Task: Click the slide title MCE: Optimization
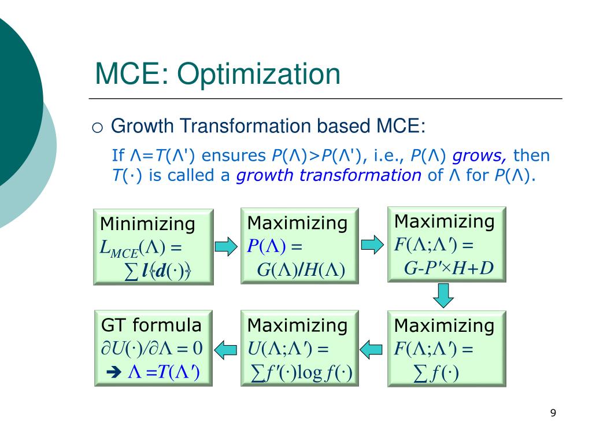[217, 75]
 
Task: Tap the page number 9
[553, 413]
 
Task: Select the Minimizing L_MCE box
[153, 247]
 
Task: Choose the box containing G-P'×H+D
[446, 245]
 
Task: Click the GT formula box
[153, 348]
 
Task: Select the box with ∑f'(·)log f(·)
[299, 348]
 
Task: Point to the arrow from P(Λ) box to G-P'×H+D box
[372, 244]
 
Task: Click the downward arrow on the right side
[443, 295]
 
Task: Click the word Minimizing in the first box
[148, 224]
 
